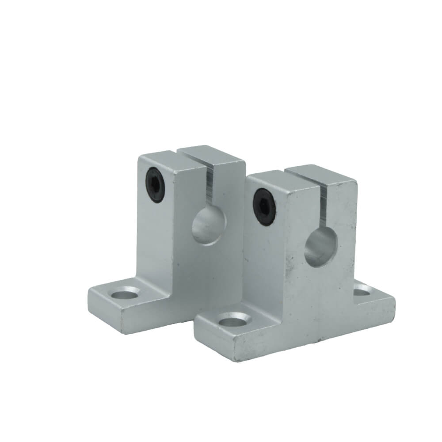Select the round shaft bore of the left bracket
point(209,226)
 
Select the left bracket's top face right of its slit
point(211,153)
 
